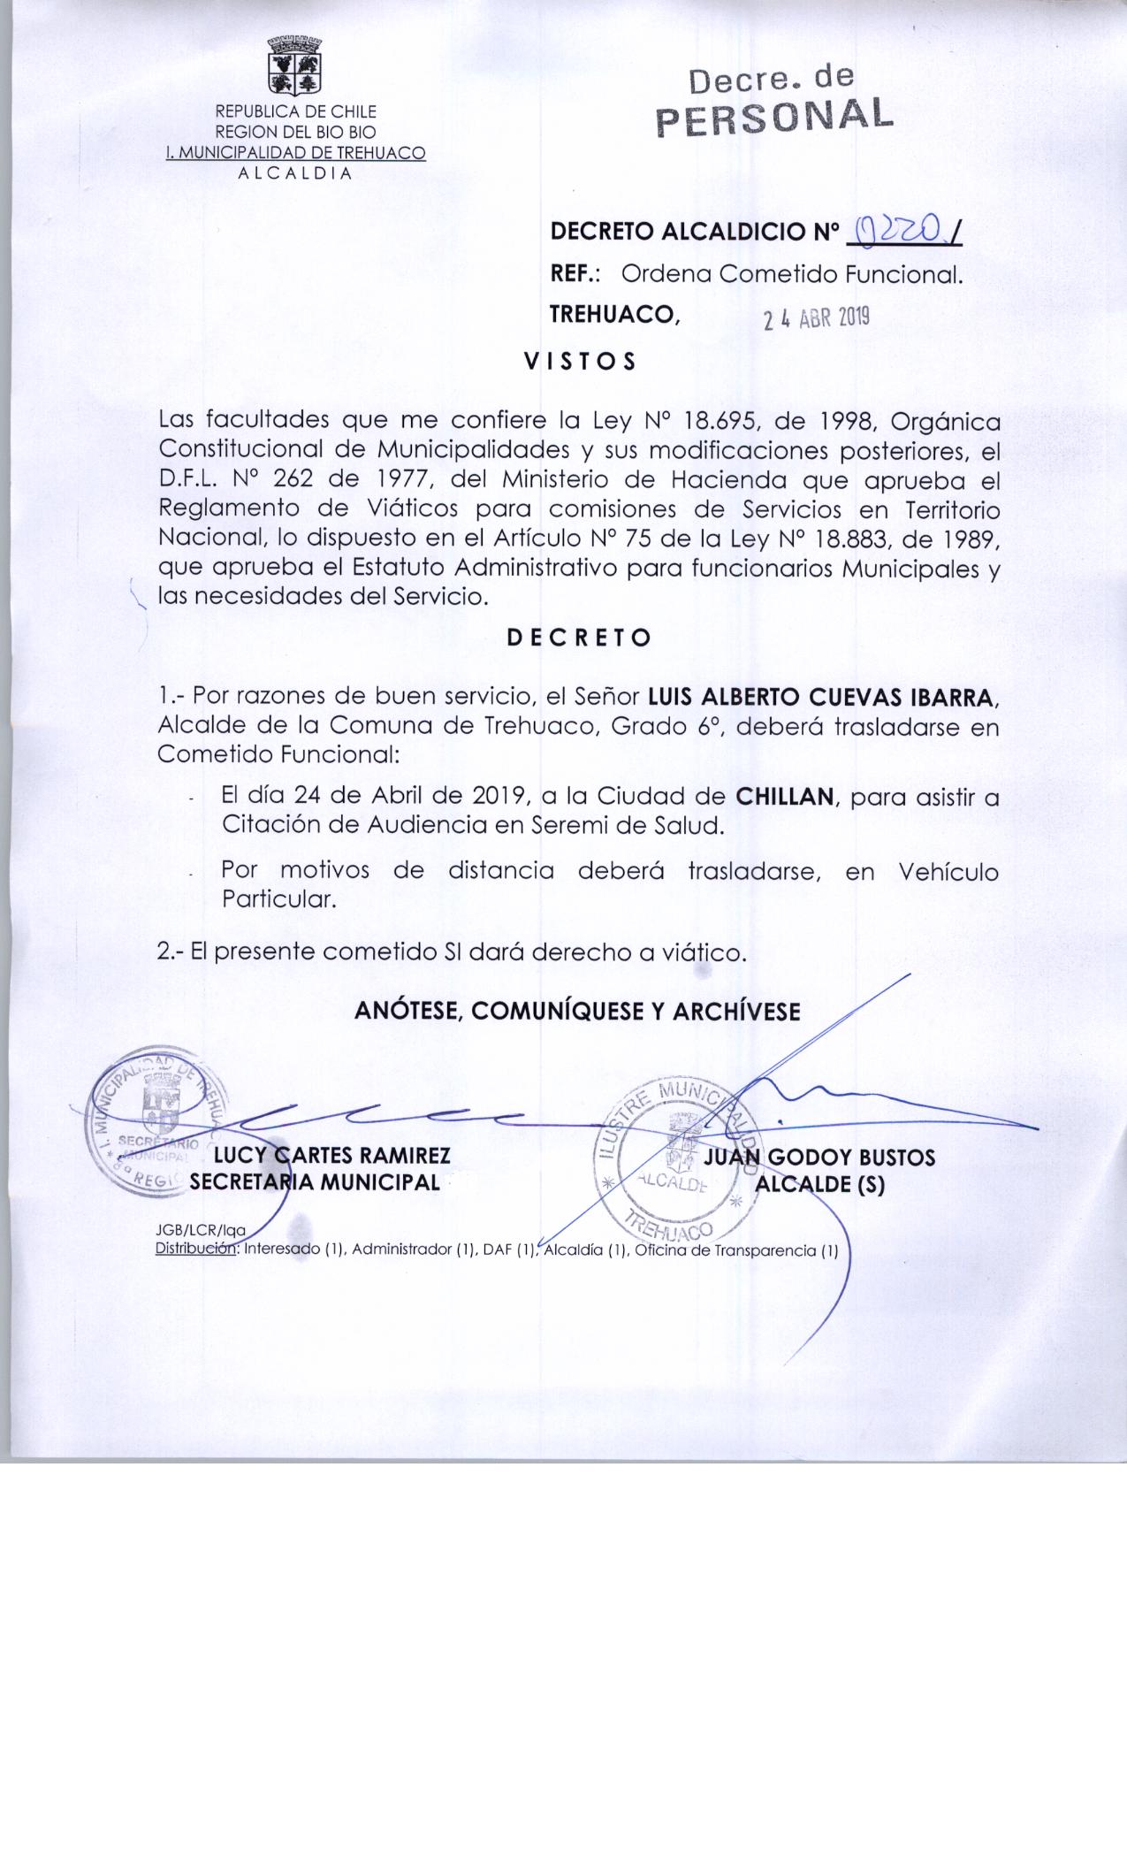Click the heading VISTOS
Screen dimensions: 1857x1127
[x=580, y=363]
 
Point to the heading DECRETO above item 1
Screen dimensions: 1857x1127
[x=579, y=638]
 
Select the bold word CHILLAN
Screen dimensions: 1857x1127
[x=785, y=797]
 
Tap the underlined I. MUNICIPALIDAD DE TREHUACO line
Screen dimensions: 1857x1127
[x=296, y=153]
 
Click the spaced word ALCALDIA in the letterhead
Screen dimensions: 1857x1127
[x=295, y=172]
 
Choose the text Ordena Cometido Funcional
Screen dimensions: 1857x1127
[x=791, y=274]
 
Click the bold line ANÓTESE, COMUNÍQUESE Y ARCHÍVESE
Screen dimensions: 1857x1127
[x=577, y=1012]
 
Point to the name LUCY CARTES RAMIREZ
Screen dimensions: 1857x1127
[x=326, y=1156]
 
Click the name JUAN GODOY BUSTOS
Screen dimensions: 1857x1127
[x=819, y=1158]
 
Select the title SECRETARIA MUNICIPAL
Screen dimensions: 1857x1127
[x=315, y=1182]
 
